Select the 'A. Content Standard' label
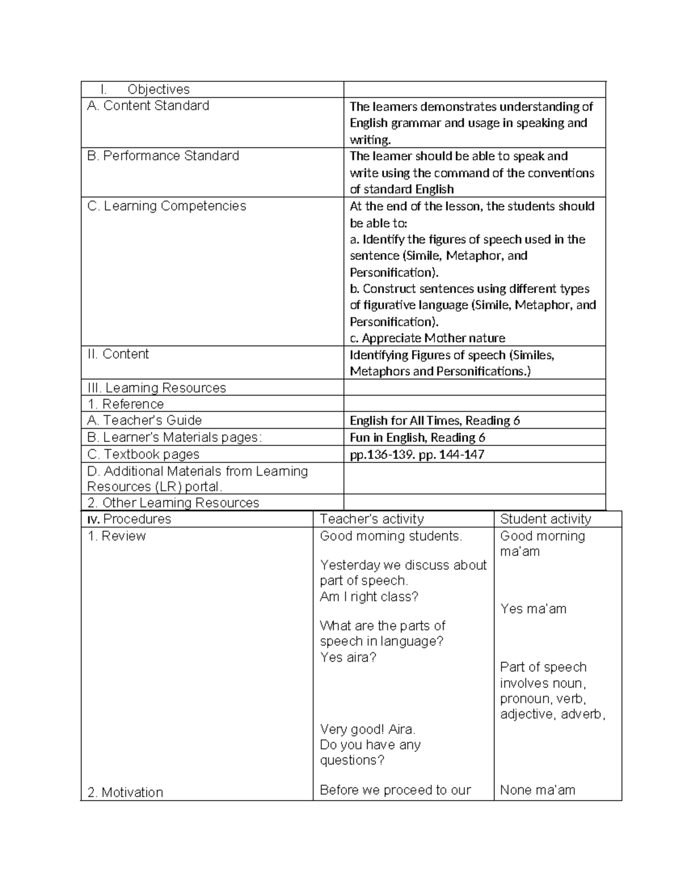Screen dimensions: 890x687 [148, 105]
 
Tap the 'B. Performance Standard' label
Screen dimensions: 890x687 [163, 156]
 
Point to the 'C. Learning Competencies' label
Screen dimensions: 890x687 [167, 206]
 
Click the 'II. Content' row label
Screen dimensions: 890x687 [118, 354]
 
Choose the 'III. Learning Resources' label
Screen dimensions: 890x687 [156, 388]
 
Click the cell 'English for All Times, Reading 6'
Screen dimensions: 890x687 [435, 421]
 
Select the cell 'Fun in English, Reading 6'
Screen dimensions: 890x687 [417, 438]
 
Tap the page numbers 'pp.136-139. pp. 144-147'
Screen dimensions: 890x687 [417, 455]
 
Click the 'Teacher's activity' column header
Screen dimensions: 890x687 [372, 519]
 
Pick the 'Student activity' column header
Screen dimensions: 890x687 [545, 519]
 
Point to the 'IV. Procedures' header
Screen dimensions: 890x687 [129, 519]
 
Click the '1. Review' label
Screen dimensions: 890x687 [116, 536]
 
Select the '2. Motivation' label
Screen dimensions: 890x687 [125, 793]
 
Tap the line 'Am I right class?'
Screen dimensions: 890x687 [369, 597]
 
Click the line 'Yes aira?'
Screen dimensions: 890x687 [348, 657]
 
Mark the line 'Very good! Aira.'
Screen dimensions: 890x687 [368, 730]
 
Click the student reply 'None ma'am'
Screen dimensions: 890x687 [537, 790]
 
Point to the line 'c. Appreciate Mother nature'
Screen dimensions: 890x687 [427, 338]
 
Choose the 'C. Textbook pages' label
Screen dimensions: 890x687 [143, 454]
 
